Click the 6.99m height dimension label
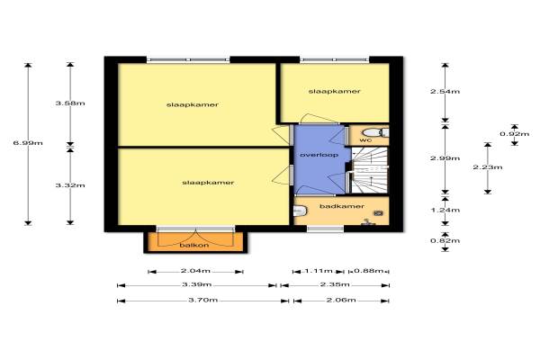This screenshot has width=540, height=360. click(28, 142)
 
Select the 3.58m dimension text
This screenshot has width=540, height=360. click(70, 103)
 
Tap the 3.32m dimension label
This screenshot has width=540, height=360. click(70, 185)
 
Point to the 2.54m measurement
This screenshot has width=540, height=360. click(445, 91)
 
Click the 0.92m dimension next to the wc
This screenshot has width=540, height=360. click(515, 134)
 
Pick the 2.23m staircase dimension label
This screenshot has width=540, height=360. click(488, 167)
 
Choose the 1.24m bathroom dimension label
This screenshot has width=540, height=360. click(445, 210)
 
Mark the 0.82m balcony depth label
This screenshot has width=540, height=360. click(445, 240)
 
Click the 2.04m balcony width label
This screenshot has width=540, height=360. click(195, 271)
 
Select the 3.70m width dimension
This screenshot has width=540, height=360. click(202, 300)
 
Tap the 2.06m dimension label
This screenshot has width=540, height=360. click(341, 300)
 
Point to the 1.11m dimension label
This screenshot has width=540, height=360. click(319, 271)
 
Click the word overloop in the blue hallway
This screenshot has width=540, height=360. click(319, 155)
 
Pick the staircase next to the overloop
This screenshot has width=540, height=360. click(369, 170)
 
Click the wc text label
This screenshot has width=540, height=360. click(365, 140)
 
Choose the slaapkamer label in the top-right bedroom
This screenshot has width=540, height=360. click(335, 91)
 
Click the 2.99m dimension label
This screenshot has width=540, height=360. click(445, 158)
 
